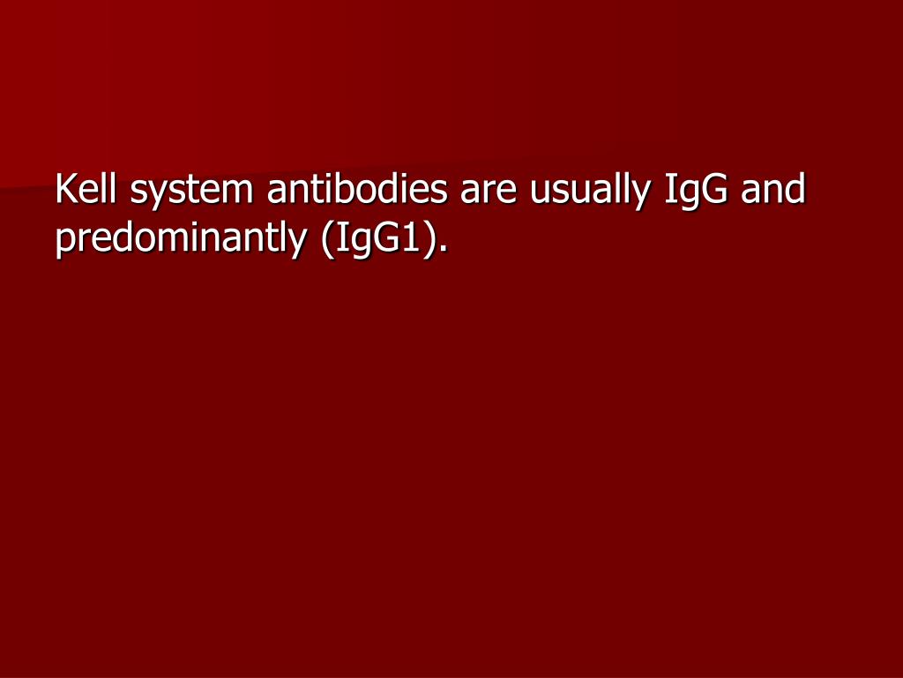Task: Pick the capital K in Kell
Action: pyautogui.click(x=64, y=190)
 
